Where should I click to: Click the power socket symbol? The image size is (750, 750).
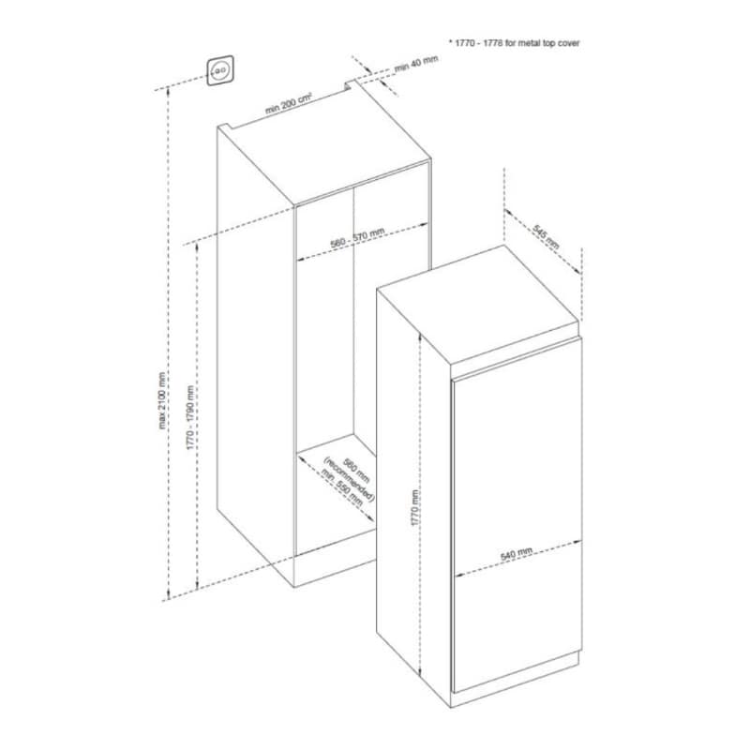click(x=220, y=71)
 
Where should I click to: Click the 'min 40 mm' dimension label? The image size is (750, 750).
click(x=416, y=63)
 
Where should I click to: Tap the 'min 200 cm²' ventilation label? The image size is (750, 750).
click(x=289, y=103)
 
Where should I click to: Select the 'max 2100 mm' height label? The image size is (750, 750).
click(x=162, y=400)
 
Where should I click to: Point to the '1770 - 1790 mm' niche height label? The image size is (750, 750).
click(x=190, y=417)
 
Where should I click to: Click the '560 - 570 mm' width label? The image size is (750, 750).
click(x=357, y=238)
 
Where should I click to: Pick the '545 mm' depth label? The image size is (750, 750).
click(x=546, y=236)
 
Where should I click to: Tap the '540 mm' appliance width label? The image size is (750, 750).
click(x=517, y=554)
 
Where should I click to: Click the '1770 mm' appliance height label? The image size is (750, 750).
click(x=415, y=508)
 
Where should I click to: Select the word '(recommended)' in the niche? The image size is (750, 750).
click(x=348, y=480)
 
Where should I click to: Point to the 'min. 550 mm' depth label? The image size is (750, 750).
click(x=342, y=487)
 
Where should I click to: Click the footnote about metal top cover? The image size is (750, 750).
click(x=514, y=43)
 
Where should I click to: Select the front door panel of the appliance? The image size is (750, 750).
click(x=517, y=514)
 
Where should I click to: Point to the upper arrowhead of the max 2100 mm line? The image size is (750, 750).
click(x=168, y=90)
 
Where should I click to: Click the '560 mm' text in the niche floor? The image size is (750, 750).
click(x=357, y=472)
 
